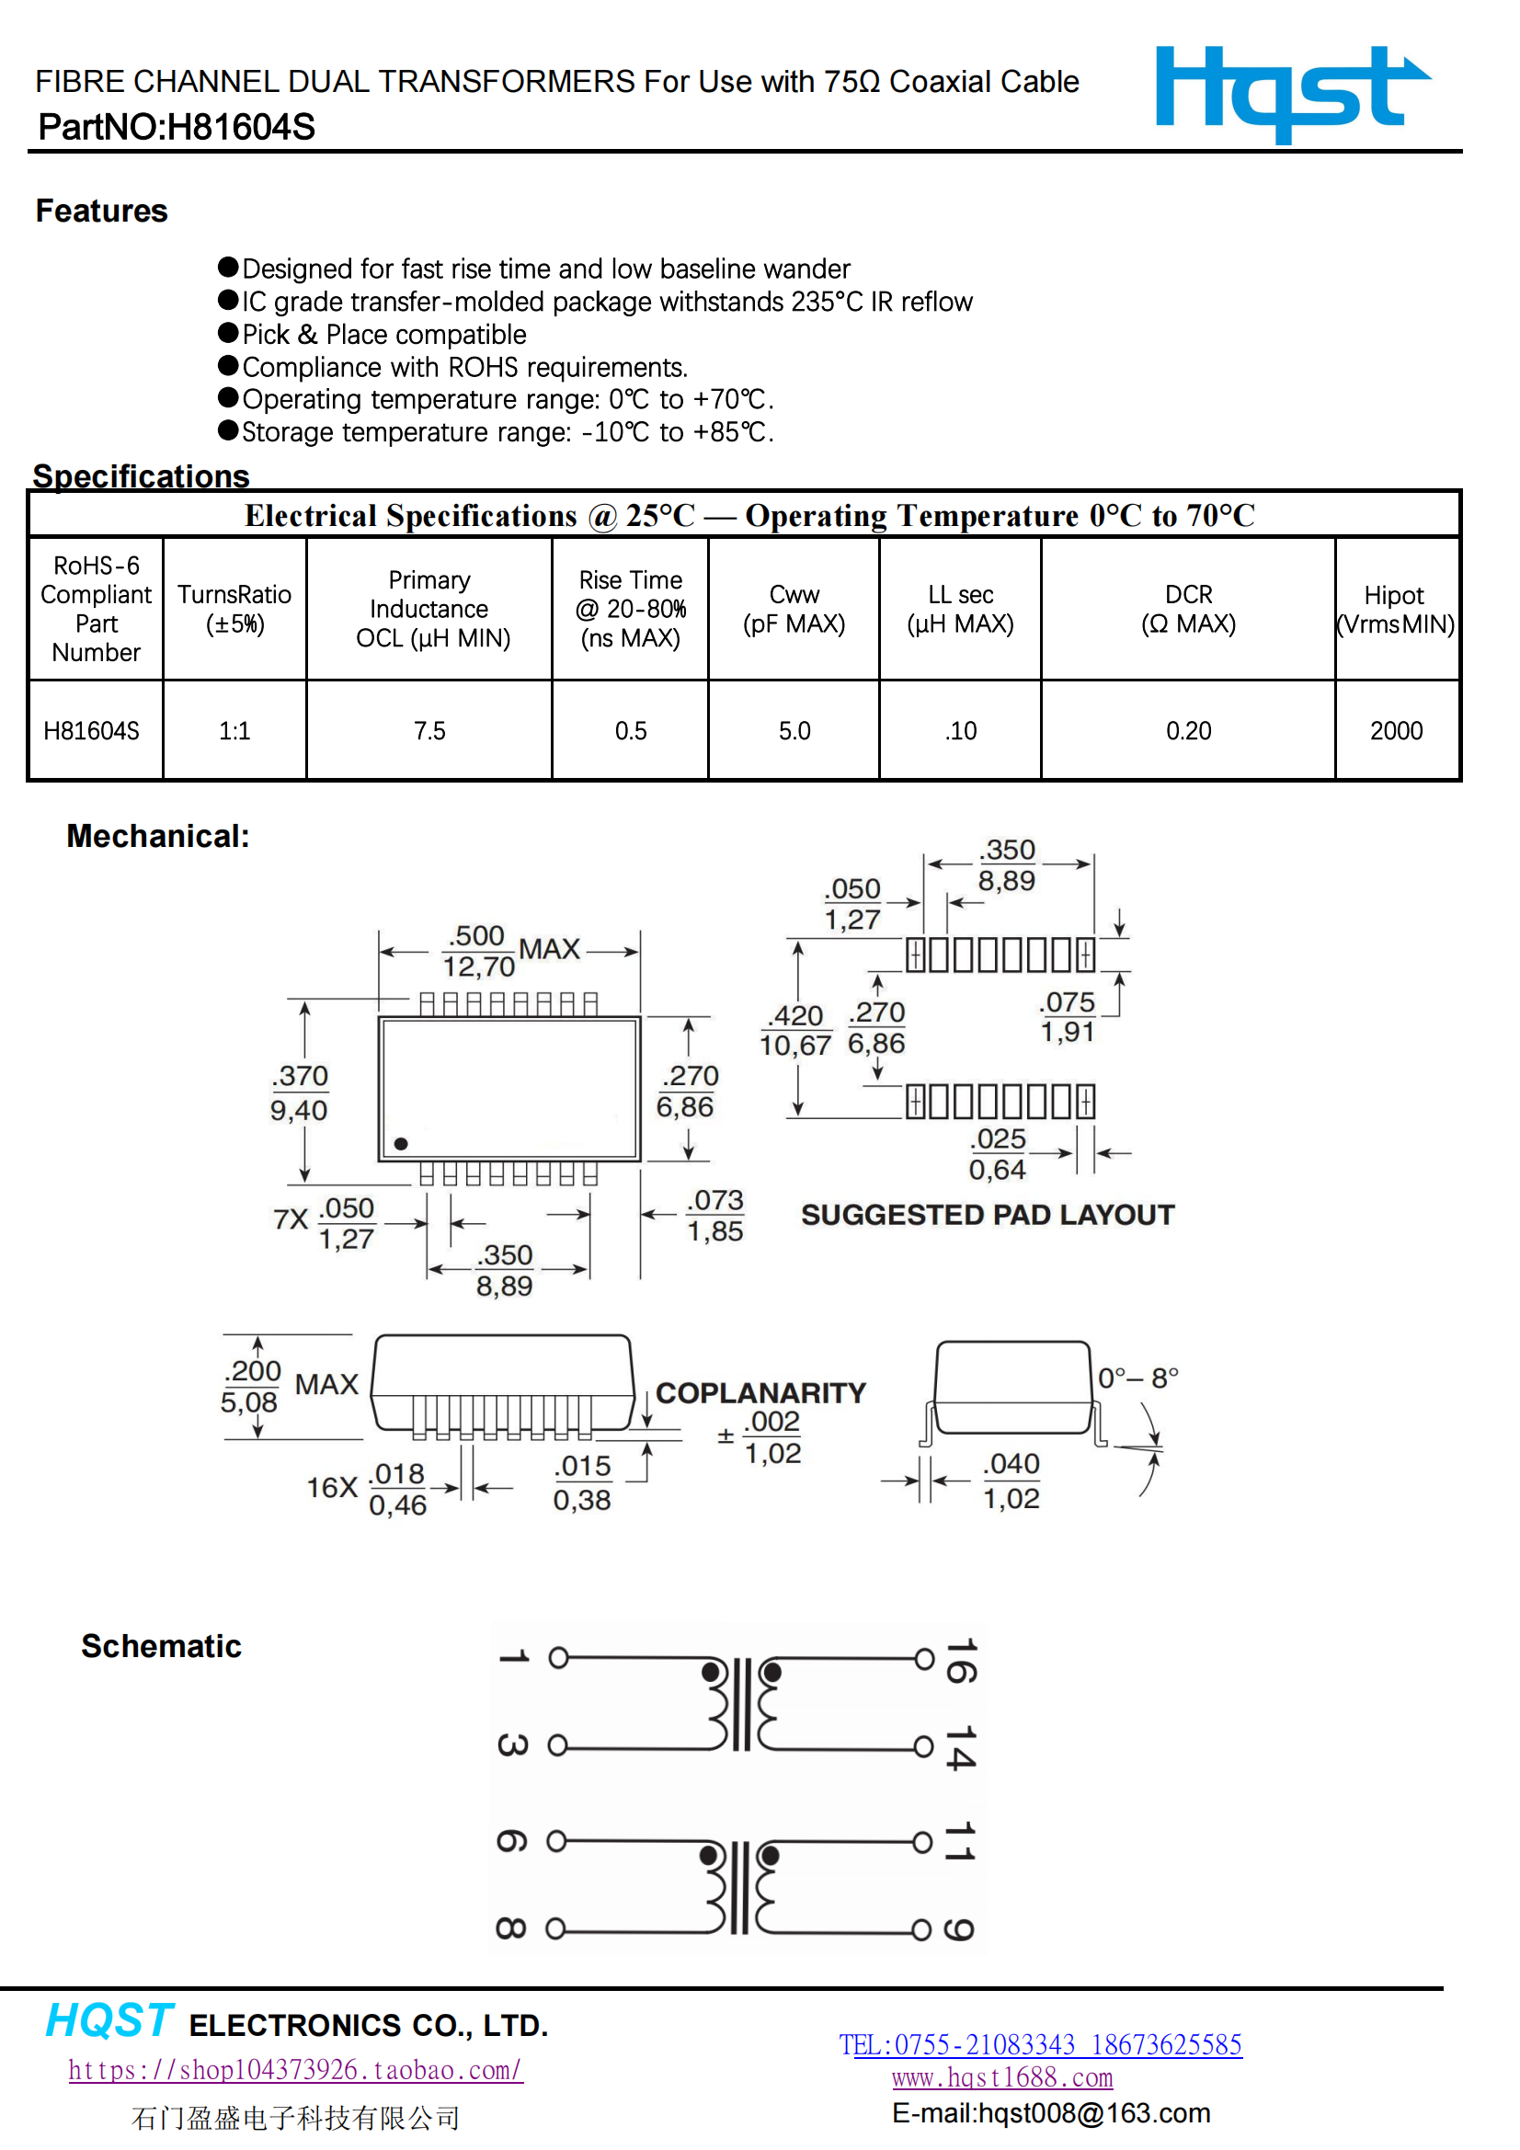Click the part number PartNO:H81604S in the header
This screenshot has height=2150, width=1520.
click(x=176, y=127)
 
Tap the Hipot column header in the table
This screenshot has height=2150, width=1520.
click(x=1396, y=609)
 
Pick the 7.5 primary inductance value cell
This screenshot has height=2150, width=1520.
click(x=429, y=730)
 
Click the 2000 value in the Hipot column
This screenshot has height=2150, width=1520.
click(x=1396, y=730)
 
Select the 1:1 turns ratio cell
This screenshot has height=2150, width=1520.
click(x=234, y=730)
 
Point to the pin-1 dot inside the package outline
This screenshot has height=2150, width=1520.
click(x=401, y=1143)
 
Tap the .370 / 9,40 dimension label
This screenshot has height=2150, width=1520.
click(x=300, y=1092)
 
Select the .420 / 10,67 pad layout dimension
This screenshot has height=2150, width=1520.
click(x=795, y=1030)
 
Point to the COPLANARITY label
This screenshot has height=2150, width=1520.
click(x=760, y=1392)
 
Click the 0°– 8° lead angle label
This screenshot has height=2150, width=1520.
click(x=1137, y=1378)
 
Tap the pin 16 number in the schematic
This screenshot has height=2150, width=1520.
click(x=961, y=1660)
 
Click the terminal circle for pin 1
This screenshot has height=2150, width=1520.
click(x=558, y=1658)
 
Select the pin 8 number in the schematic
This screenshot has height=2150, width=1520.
click(x=511, y=1928)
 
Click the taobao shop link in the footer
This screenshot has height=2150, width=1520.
click(x=295, y=2068)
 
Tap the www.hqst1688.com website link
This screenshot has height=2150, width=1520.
click(x=1002, y=2077)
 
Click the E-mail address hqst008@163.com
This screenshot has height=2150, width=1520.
click(x=1051, y=2112)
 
